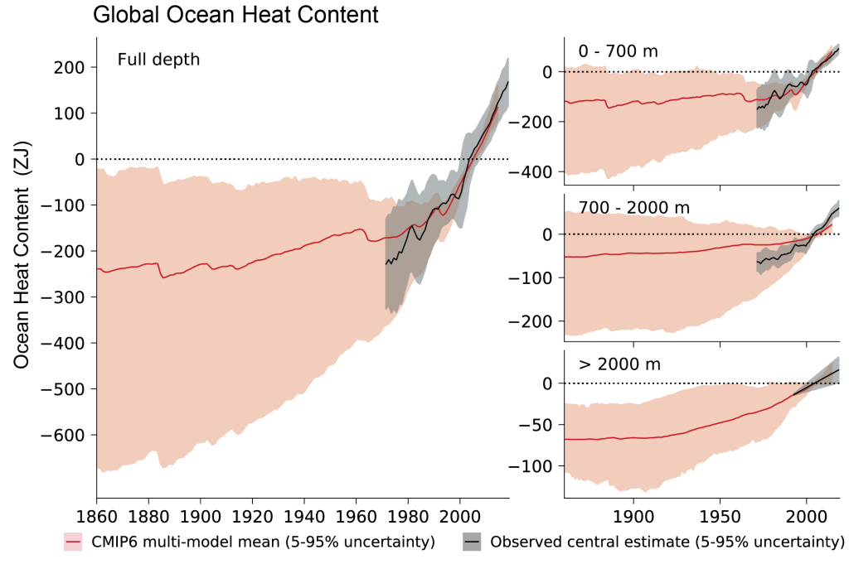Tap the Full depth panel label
pos(158,60)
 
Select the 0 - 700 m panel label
pos(618,51)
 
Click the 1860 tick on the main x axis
pos(97,515)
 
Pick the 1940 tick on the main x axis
pos(304,515)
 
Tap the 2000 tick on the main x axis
pos(460,515)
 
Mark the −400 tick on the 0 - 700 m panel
pos(535,172)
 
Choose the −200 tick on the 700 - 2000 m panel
pos(535,321)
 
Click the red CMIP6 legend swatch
pos(73,542)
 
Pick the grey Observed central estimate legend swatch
pos(473,542)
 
